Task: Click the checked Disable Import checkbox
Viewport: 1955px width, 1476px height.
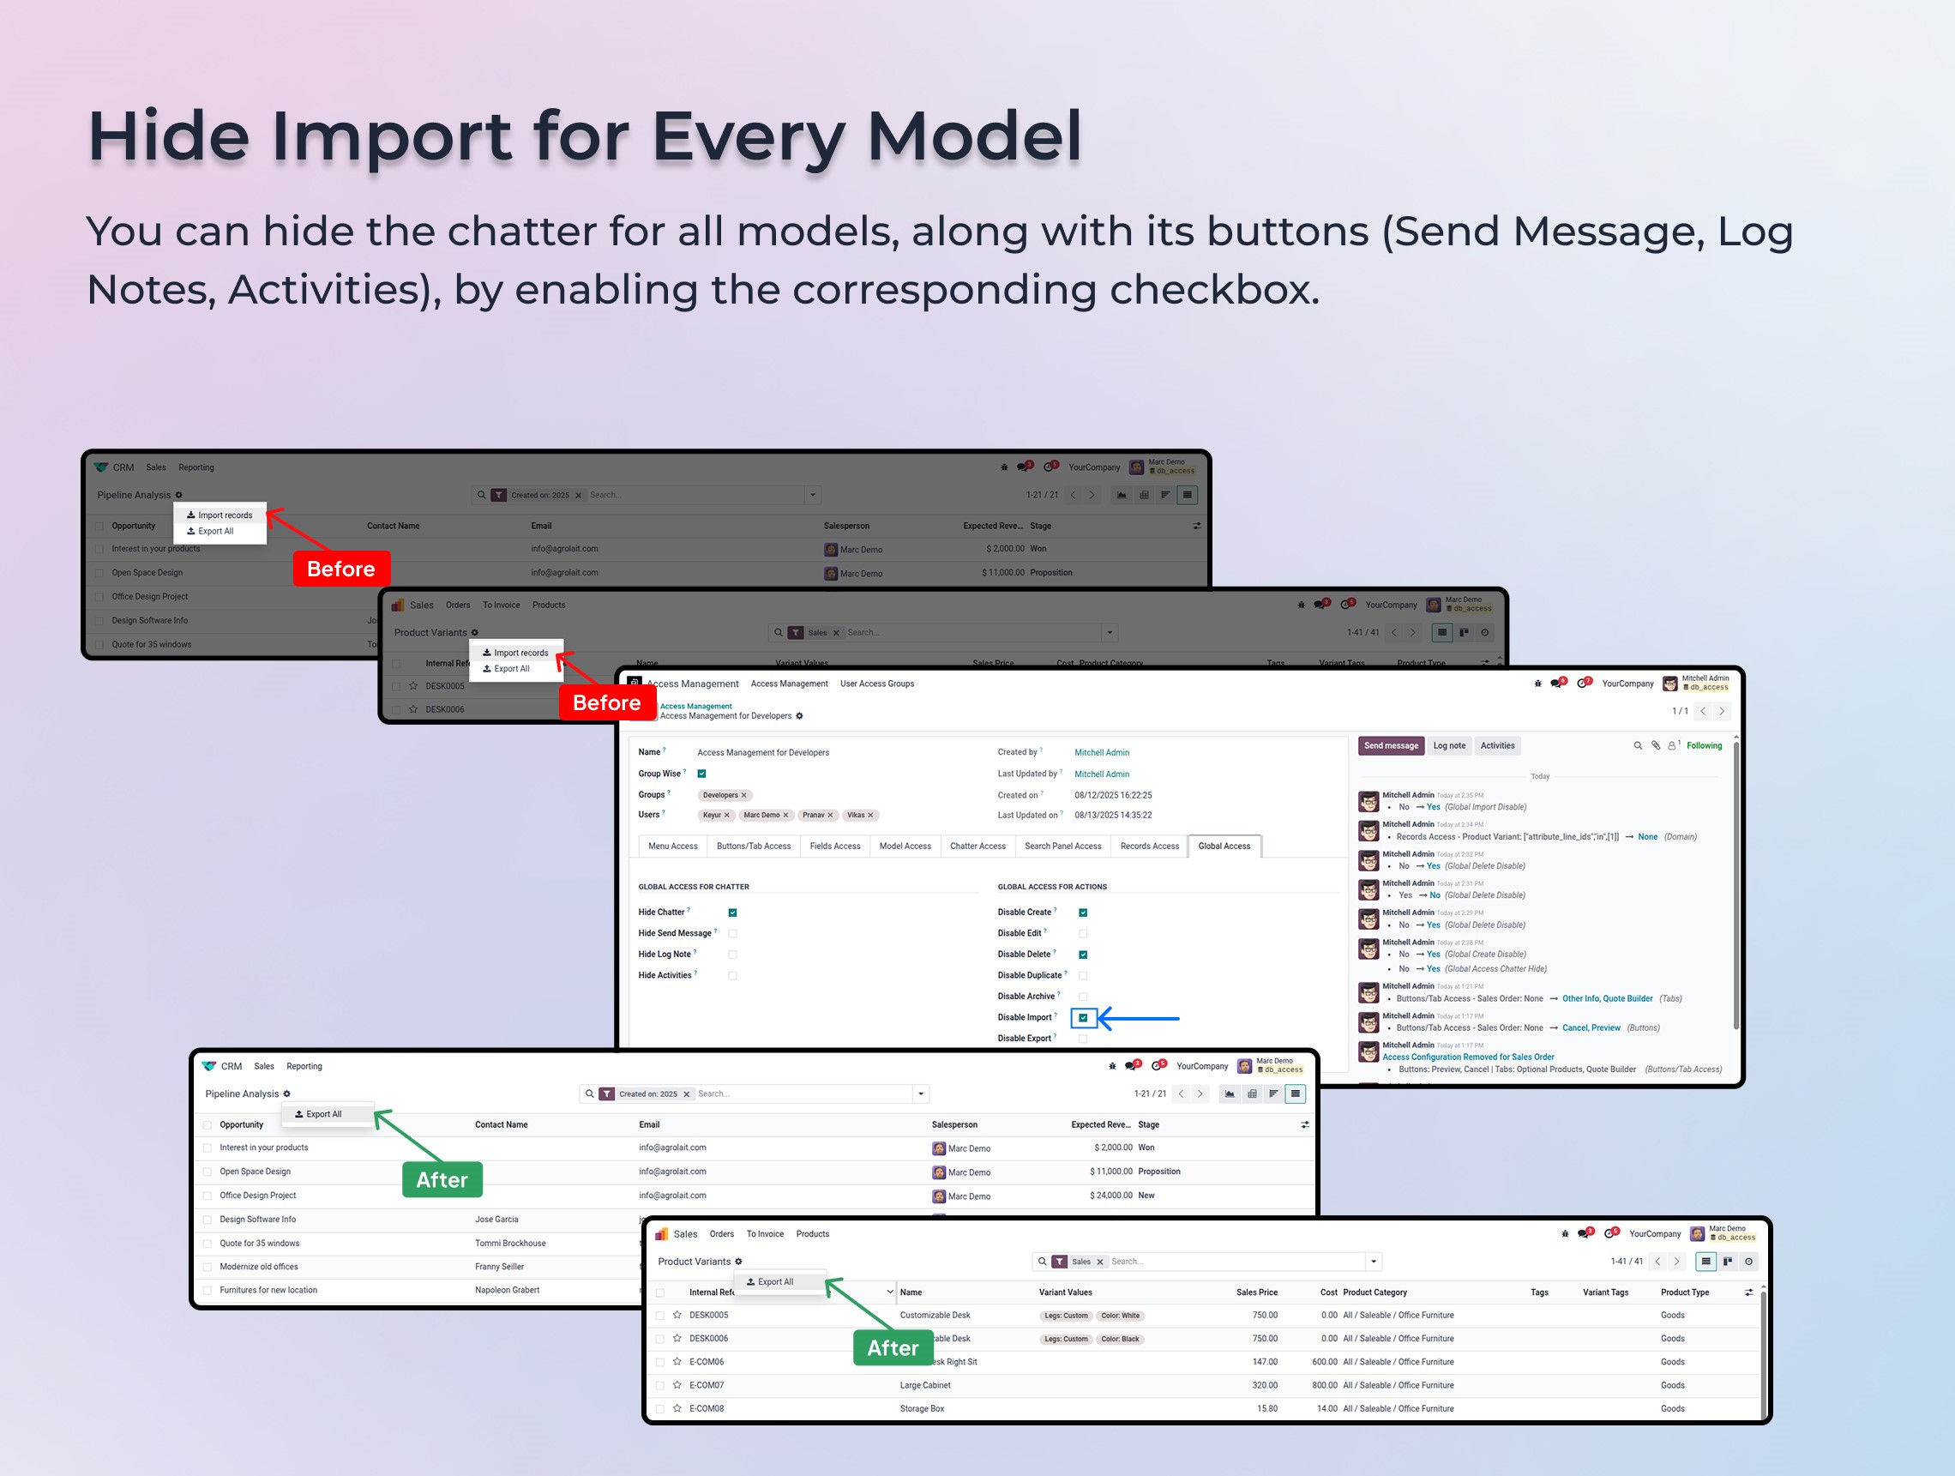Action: pyautogui.click(x=1083, y=1017)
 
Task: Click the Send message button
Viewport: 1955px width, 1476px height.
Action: pyautogui.click(x=1390, y=745)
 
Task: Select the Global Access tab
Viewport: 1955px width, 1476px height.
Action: pyautogui.click(x=1224, y=846)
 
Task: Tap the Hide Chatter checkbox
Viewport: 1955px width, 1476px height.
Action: pyautogui.click(x=732, y=913)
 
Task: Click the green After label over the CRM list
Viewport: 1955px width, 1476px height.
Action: pyautogui.click(x=442, y=1179)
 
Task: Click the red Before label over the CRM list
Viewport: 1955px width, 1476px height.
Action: pyautogui.click(x=341, y=569)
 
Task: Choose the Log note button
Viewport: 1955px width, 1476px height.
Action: pyautogui.click(x=1448, y=745)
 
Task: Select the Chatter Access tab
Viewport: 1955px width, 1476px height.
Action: pyautogui.click(x=977, y=846)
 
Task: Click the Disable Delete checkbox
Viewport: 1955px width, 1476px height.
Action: pyautogui.click(x=1083, y=955)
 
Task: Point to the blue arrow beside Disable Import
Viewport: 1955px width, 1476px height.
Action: pyautogui.click(x=1140, y=1018)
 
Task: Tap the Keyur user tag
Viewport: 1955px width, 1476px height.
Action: pyautogui.click(x=716, y=815)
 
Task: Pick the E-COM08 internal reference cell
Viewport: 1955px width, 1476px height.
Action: pyautogui.click(x=707, y=1408)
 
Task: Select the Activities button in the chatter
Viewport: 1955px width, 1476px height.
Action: pyautogui.click(x=1497, y=745)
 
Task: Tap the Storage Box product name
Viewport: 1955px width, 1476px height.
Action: pyautogui.click(x=922, y=1408)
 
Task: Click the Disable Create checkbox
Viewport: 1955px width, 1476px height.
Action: pyautogui.click(x=1083, y=913)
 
